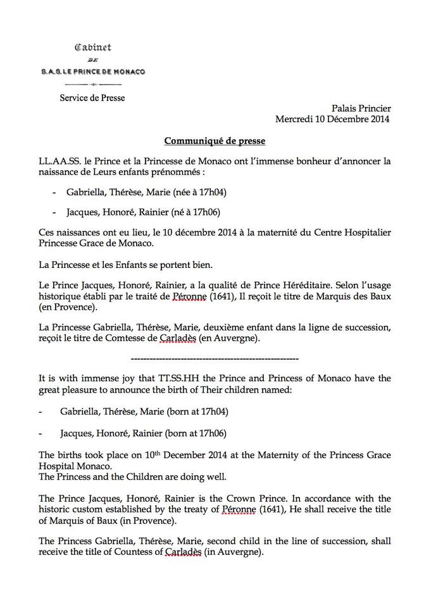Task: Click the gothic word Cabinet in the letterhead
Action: point(92,47)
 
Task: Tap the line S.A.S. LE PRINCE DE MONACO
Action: point(93,71)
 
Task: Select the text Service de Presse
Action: point(92,98)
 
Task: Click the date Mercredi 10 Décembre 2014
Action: point(333,119)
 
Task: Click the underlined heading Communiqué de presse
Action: point(215,140)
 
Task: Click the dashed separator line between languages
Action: point(214,358)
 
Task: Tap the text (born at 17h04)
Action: point(197,411)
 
